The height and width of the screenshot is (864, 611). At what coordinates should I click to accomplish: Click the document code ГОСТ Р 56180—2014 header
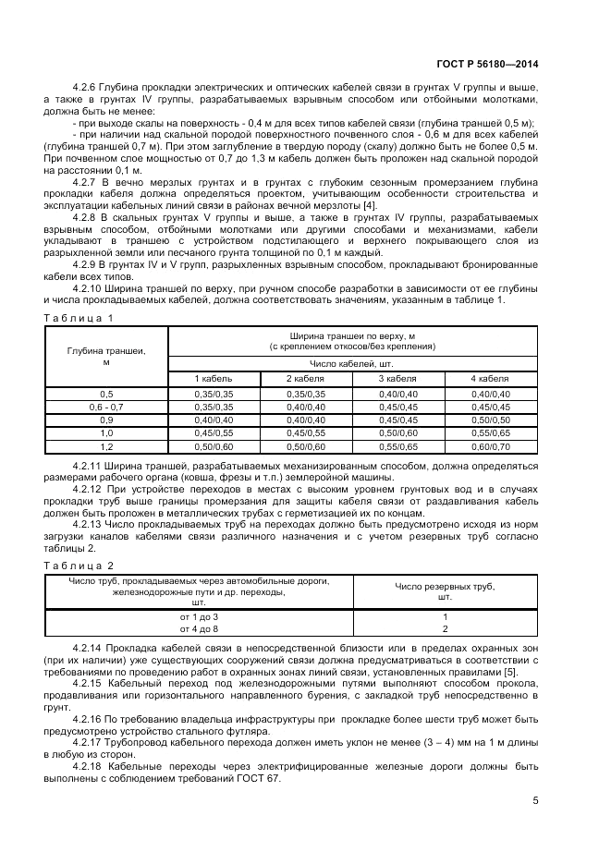495,65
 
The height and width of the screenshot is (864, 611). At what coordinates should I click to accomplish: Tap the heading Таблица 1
79,318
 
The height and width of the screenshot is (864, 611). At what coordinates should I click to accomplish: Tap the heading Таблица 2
79,564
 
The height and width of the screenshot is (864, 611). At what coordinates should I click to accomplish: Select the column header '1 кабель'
213,379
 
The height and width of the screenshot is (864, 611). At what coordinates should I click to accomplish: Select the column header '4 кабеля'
490,379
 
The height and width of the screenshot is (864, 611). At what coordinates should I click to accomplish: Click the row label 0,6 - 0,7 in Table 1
105,407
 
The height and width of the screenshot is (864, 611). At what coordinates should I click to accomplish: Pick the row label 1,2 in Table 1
105,445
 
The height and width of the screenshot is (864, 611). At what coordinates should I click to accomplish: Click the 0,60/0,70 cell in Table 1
490,445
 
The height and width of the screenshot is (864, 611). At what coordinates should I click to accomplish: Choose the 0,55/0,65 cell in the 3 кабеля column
398,445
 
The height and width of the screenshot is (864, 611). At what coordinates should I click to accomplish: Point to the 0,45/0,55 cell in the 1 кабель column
213,432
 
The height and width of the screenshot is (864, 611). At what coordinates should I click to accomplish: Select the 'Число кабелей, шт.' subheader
352,364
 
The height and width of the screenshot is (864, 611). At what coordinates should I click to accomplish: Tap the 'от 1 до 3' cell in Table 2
200,616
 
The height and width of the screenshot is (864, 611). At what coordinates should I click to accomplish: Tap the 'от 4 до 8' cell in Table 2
200,628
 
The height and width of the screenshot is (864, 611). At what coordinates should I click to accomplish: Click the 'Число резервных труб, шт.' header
445,591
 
